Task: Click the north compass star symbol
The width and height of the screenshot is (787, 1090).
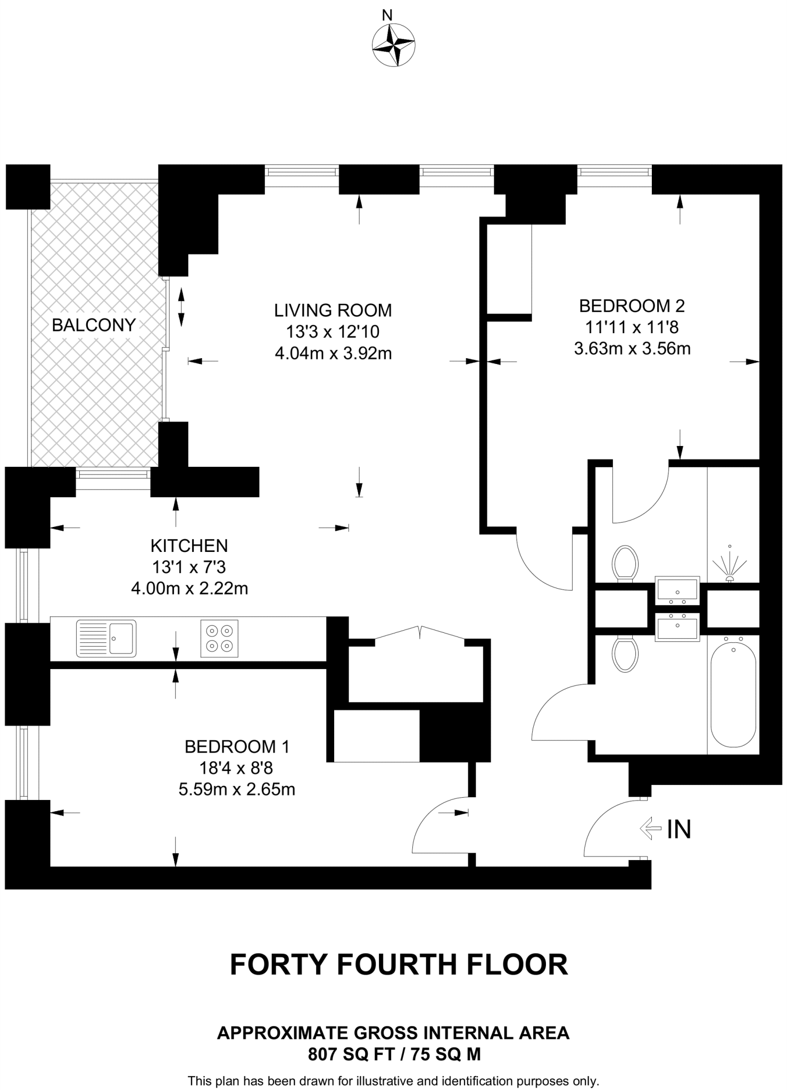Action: click(393, 46)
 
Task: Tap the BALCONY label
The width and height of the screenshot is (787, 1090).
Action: click(94, 325)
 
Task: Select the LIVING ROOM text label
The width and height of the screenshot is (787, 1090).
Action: click(333, 310)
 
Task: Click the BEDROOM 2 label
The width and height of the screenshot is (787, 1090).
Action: click(632, 306)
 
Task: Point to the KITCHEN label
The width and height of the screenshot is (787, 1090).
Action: click(189, 546)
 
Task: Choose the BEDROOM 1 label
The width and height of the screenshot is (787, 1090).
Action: click(237, 747)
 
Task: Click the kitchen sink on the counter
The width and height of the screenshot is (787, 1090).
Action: click(106, 637)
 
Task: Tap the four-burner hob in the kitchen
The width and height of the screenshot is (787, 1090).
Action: click(220, 638)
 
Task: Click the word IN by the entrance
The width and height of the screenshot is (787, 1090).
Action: click(679, 829)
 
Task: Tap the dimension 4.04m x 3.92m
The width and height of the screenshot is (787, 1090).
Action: click(333, 353)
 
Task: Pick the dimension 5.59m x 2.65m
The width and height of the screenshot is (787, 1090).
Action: click(237, 789)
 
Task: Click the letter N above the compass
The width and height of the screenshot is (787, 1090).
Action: click(387, 15)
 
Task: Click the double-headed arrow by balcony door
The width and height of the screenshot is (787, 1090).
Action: click(181, 307)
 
